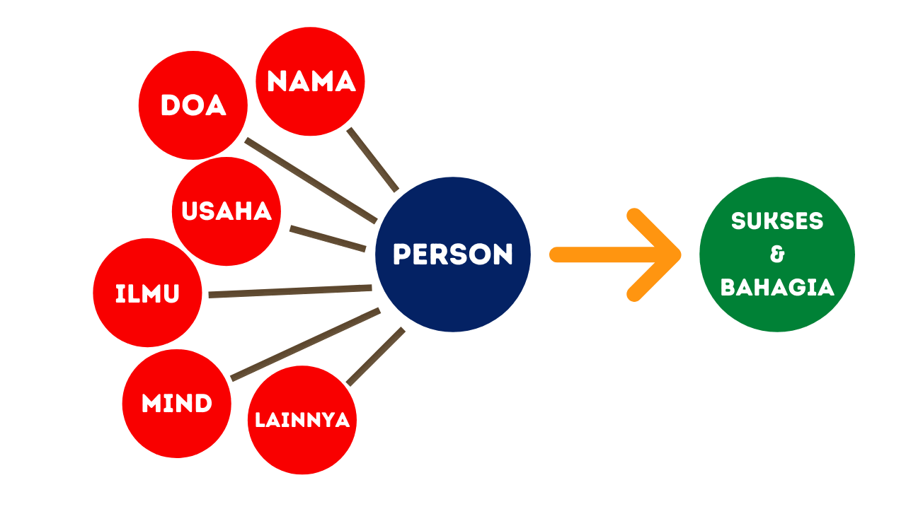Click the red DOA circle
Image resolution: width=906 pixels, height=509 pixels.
tap(193, 105)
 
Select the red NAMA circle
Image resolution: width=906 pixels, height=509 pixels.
tap(310, 81)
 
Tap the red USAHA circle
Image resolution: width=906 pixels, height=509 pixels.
tap(226, 211)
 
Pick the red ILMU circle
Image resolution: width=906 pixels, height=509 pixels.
tap(147, 293)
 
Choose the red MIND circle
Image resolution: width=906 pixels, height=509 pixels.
tap(176, 404)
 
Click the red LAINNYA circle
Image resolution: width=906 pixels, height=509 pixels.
tap(302, 420)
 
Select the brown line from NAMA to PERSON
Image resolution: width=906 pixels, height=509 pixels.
tap(373, 160)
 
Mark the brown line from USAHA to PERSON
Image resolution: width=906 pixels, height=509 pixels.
tap(328, 239)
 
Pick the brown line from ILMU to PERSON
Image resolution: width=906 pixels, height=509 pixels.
tap(290, 291)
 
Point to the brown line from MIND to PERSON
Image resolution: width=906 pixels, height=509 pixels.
tap(305, 344)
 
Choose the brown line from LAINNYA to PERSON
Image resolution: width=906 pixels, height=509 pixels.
tap(376, 357)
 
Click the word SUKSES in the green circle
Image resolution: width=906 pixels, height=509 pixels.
tap(777, 221)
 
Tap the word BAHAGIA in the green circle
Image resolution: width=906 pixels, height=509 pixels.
tap(777, 287)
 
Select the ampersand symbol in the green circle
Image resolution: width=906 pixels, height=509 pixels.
tap(777, 255)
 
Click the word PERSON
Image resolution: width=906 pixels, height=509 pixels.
tap(453, 255)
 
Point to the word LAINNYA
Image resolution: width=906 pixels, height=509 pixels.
tap(302, 420)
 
